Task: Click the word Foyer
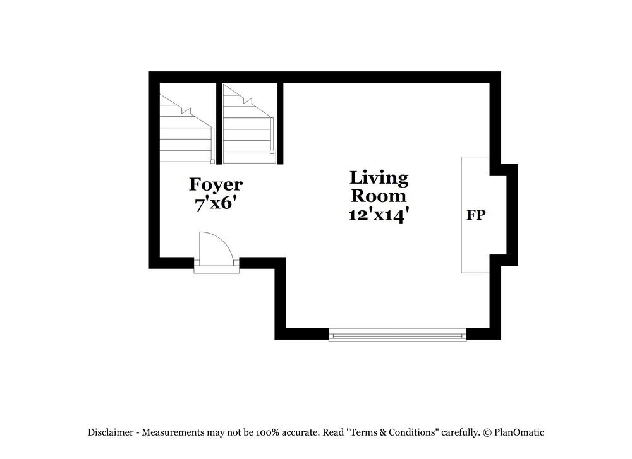coord(216,184)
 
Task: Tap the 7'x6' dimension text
coord(216,203)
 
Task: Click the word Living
coord(379,177)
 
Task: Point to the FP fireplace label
coord(476,215)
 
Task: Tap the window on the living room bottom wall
coord(397,335)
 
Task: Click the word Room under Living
coord(379,196)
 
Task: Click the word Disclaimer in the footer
coord(111,432)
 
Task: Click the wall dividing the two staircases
coord(219,123)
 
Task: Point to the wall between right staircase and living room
coord(280,123)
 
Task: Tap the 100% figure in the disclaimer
coord(267,432)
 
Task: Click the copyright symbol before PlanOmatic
coord(487,432)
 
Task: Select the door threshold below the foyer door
coord(216,270)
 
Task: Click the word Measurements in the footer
coord(172,432)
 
